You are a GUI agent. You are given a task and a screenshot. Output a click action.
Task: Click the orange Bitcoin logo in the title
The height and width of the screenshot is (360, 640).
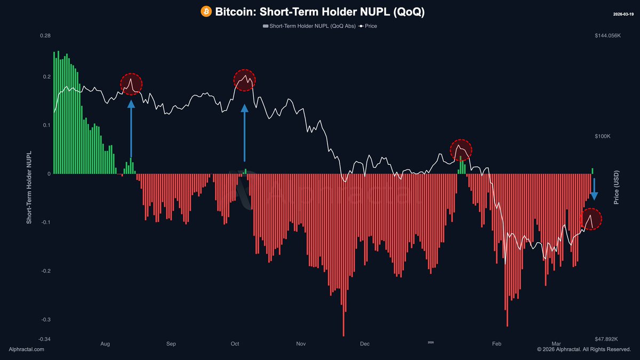point(206,11)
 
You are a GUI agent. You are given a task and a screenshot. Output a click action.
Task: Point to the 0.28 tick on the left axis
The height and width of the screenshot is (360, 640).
point(45,36)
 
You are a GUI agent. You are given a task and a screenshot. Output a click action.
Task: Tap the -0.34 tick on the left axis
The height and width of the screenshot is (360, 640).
point(44,339)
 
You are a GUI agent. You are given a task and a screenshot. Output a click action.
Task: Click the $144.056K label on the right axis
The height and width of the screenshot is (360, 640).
point(607,36)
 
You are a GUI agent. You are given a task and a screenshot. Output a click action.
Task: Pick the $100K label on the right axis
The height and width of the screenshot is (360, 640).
point(603,137)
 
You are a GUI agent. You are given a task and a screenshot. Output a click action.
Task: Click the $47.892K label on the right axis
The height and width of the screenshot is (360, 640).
point(609,339)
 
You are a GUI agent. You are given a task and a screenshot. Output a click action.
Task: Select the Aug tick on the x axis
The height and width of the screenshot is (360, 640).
point(105,344)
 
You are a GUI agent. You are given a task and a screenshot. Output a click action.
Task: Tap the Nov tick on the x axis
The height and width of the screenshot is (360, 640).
point(301,344)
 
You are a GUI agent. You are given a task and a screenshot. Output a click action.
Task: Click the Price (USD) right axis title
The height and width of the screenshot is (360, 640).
point(617,187)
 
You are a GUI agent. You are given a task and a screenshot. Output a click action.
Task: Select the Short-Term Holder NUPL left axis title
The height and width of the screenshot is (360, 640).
point(30,187)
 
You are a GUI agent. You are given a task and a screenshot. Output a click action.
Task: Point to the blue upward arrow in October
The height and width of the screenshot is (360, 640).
point(245,132)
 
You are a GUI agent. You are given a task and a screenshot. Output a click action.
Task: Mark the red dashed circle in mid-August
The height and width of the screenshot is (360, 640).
point(131,84)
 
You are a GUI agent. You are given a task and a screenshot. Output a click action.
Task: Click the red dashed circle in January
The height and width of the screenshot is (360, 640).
point(461,150)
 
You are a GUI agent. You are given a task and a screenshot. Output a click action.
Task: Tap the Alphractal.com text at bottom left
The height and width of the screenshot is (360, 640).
point(27,349)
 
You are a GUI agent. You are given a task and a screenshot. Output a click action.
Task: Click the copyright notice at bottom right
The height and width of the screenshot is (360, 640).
point(583,349)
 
